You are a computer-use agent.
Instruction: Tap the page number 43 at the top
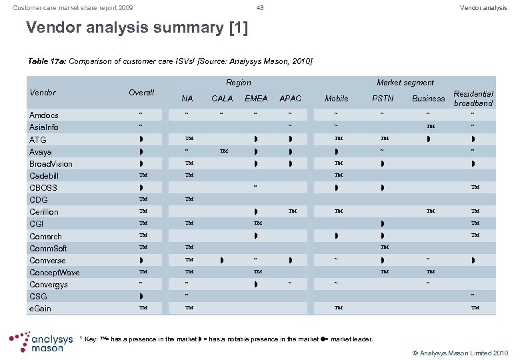coord(260,7)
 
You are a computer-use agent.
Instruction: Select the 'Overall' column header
coord(141,93)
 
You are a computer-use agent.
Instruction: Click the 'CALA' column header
coord(222,99)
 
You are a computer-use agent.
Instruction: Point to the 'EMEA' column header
coord(256,99)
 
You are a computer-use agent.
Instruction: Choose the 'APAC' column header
coord(290,99)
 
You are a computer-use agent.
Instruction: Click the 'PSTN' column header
coord(383,99)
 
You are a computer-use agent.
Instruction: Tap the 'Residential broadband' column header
coord(473,99)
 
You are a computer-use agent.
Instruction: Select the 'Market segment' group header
coord(405,83)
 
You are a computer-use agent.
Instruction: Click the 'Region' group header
coord(239,83)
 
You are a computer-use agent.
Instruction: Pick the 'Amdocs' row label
coord(44,115)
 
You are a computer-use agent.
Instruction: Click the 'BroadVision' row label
coord(51,164)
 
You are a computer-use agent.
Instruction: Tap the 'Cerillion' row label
coord(44,212)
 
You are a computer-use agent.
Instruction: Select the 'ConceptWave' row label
coord(54,273)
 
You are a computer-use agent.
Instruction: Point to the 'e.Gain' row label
coord(40,309)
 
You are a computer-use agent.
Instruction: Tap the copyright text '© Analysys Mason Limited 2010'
coord(459,352)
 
